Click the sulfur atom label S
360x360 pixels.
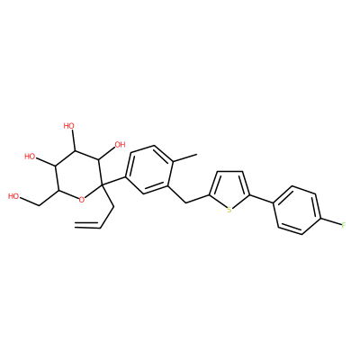pyautogui.click(x=229, y=210)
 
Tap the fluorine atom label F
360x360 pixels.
pyautogui.click(x=344, y=224)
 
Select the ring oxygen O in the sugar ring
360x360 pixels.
pyautogui.click(x=81, y=199)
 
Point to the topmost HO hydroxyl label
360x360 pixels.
pyautogui.click(x=69, y=126)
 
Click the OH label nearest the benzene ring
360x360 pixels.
pyautogui.click(x=120, y=145)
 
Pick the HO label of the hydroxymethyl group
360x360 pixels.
pyautogui.click(x=13, y=196)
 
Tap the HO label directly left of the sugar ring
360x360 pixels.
pyautogui.click(x=30, y=157)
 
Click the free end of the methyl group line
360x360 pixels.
pyautogui.click(x=197, y=154)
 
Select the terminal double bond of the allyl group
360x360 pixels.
pyautogui.click(x=87, y=225)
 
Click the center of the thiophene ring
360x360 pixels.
pyautogui.click(x=229, y=190)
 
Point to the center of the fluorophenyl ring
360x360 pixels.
pyautogui.click(x=298, y=210)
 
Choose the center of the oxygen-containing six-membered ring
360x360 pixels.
pyautogui.click(x=77, y=174)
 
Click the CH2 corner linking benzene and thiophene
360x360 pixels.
pyautogui.click(x=186, y=203)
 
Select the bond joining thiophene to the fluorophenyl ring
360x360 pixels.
pyautogui.click(x=262, y=199)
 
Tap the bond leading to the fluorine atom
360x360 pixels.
pyautogui.click(x=331, y=221)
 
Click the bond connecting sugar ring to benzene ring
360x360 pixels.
pyautogui.click(x=113, y=181)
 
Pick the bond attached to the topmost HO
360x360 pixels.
pyautogui.click(x=74, y=140)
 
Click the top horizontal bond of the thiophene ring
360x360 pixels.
pyautogui.click(x=230, y=172)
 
